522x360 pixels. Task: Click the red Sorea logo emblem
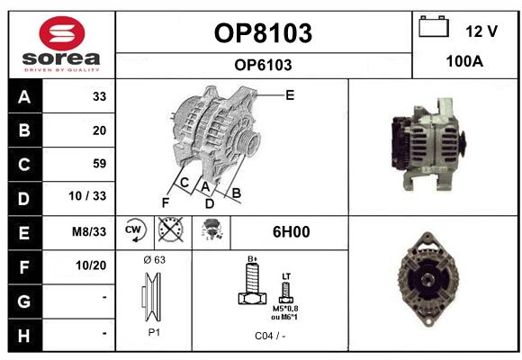[62, 33]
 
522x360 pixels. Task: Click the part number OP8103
[263, 33]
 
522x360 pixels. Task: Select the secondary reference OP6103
[263, 65]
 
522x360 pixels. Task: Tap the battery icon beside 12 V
[434, 26]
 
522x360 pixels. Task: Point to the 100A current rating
[464, 61]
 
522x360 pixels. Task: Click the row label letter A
[24, 97]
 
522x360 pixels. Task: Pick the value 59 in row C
[100, 164]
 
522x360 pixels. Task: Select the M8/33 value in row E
[89, 231]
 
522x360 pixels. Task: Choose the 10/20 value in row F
[91, 265]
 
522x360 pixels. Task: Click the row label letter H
[24, 336]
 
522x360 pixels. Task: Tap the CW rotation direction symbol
[134, 230]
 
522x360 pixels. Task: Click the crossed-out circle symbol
[170, 229]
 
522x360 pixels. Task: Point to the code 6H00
[291, 232]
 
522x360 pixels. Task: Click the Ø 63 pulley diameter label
[154, 260]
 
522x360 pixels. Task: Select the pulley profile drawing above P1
[152, 297]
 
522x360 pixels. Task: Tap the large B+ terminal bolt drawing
[252, 283]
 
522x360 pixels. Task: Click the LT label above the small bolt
[286, 276]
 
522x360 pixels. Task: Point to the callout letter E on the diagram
[290, 95]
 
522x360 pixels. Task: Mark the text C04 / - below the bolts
[270, 336]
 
